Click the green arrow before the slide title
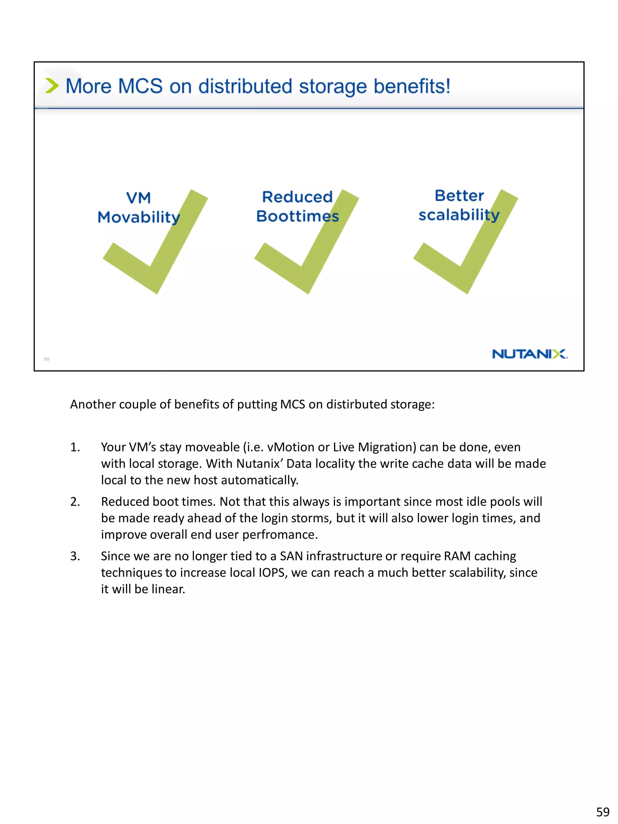[52, 86]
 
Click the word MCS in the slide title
[140, 86]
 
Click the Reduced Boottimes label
[297, 206]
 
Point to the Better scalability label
[459, 205]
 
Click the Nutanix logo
[529, 354]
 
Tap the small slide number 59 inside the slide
[46, 359]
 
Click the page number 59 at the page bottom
[602, 811]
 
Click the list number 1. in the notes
[75, 447]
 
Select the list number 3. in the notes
[75, 556]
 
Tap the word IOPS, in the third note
[273, 573]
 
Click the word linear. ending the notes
[168, 589]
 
